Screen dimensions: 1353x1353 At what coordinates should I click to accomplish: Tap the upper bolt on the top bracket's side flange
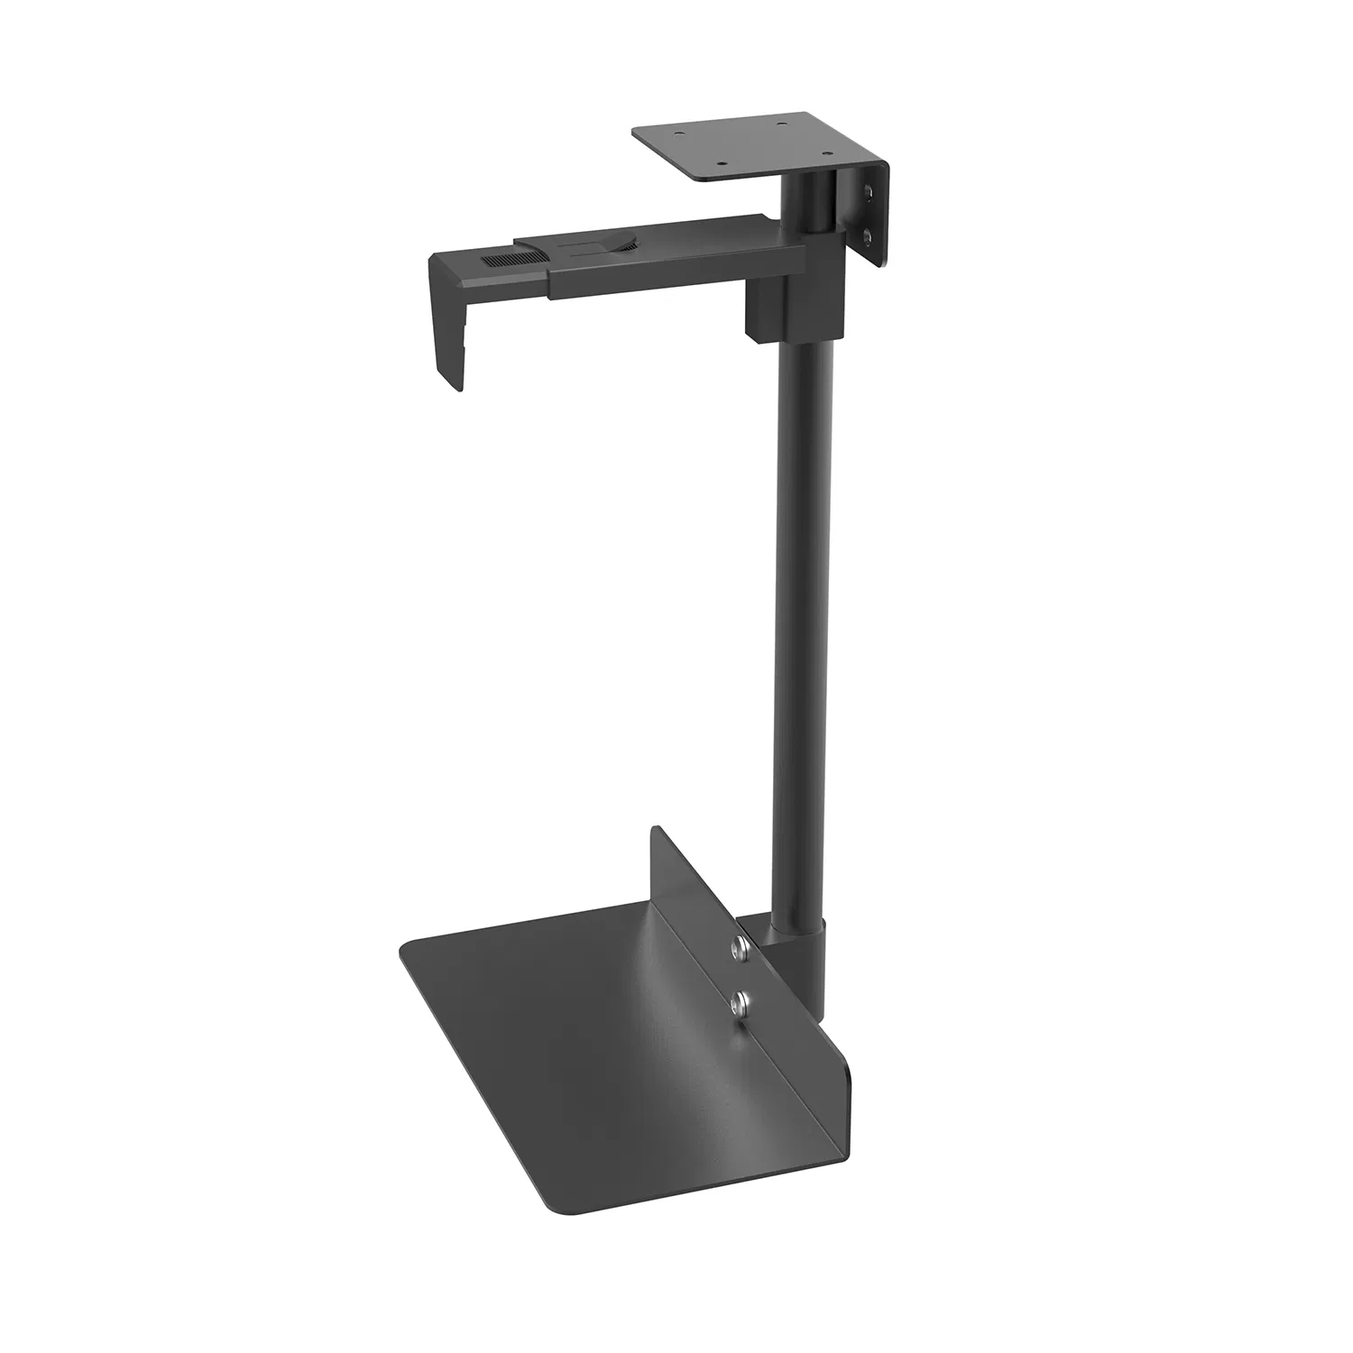coord(867,193)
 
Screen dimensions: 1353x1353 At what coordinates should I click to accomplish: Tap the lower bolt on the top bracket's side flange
coord(867,236)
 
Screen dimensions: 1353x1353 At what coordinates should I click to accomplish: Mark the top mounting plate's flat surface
coord(749,144)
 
